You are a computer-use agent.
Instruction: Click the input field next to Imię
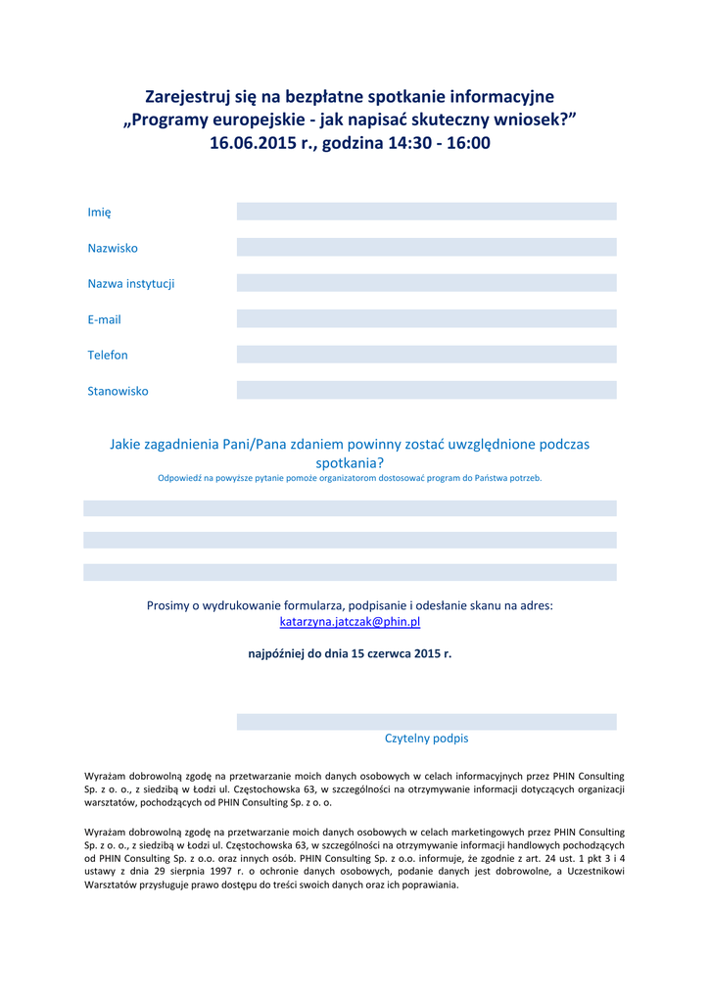tap(426, 212)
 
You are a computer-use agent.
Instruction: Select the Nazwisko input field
tap(426, 247)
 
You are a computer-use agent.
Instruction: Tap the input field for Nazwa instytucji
tap(426, 283)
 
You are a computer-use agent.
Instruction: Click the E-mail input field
tap(426, 318)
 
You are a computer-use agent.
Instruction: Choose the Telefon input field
tap(426, 355)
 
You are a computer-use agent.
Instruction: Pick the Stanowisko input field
tap(426, 390)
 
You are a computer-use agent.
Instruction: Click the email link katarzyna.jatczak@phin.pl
tap(350, 622)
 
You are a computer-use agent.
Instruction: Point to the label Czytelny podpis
tap(426, 739)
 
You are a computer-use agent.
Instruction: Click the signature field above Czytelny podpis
tap(426, 722)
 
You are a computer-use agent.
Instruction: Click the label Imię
tap(99, 213)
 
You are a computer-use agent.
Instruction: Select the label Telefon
tap(108, 356)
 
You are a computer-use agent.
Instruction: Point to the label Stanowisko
tap(118, 391)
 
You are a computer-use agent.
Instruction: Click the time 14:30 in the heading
tap(408, 143)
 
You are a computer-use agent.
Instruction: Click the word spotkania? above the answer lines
tap(350, 462)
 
